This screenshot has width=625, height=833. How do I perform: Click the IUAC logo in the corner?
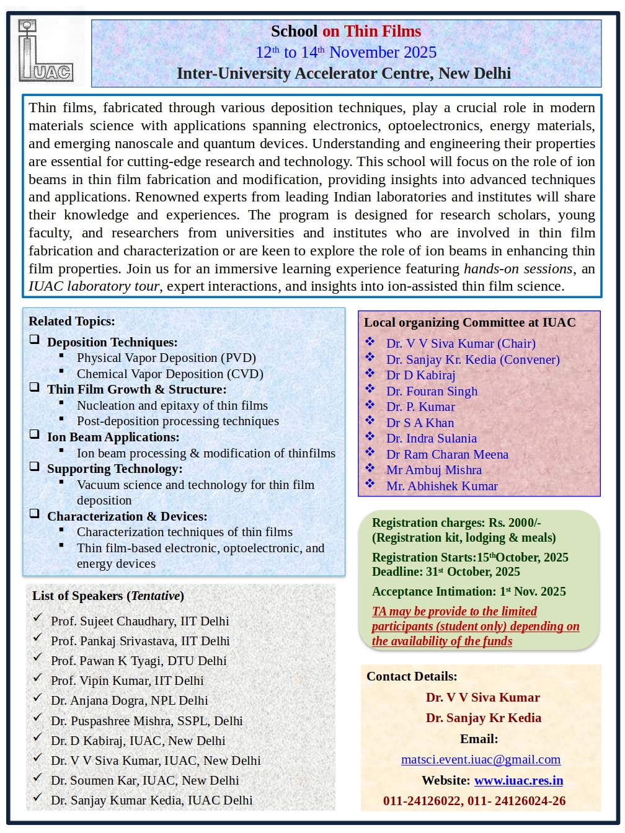click(45, 51)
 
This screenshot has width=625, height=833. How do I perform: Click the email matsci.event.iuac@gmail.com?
click(481, 759)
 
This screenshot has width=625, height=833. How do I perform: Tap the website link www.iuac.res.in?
click(518, 780)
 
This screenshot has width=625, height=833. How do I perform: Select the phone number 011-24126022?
click(423, 801)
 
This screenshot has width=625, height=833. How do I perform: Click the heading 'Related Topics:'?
click(72, 321)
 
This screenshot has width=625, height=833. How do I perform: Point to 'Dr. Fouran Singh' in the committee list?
click(432, 391)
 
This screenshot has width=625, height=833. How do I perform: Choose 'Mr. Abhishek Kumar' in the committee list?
click(441, 486)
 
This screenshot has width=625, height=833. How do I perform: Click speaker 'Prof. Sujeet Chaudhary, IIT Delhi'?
click(140, 621)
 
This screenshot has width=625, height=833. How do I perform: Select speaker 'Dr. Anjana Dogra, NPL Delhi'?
click(129, 700)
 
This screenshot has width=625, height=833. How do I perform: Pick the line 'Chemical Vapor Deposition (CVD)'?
click(170, 374)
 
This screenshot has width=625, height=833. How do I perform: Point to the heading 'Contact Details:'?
click(412, 676)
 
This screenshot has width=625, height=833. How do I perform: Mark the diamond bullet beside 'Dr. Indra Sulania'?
click(370, 436)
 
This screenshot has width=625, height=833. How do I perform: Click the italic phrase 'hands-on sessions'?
click(518, 269)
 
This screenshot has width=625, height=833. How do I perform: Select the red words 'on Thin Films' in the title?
click(371, 31)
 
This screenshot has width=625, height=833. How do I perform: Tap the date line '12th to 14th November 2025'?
click(346, 52)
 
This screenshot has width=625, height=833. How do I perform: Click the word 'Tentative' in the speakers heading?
click(155, 596)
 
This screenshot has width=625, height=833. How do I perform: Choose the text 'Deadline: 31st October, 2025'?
click(446, 571)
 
